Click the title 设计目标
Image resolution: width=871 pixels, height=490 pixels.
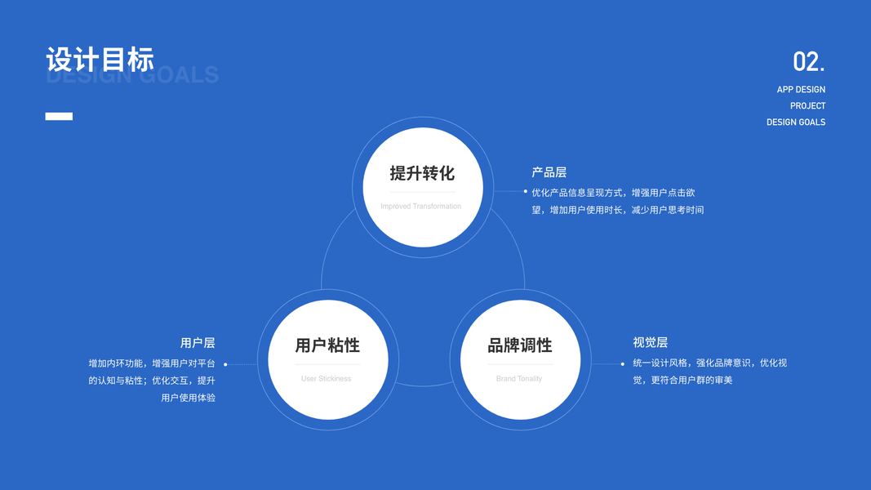[x=100, y=59]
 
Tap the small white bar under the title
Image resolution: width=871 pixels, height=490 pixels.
[x=59, y=117]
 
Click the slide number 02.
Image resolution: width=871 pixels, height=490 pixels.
[x=808, y=62]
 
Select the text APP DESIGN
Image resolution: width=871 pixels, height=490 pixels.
[x=801, y=90]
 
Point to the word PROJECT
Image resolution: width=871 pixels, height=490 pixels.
[x=807, y=106]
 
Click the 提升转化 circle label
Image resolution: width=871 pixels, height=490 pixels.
[x=422, y=173]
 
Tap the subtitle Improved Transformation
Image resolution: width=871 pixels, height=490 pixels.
[x=420, y=207]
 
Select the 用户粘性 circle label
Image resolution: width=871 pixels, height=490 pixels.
[x=327, y=345]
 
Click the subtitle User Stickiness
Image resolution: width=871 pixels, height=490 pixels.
[x=326, y=379]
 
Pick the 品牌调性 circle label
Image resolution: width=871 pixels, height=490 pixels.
[x=520, y=345]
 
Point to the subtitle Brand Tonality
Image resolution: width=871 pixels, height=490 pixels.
[x=519, y=379]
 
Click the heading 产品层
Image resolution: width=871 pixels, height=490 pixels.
[x=549, y=172]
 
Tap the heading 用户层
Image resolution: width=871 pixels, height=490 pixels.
[x=198, y=343]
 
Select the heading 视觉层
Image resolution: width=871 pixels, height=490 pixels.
[x=650, y=343]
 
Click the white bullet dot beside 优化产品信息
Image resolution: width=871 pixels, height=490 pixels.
[x=526, y=191]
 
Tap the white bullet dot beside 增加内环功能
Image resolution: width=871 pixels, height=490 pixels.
[x=225, y=364]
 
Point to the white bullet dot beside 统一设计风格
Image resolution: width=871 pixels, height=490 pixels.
[x=622, y=364]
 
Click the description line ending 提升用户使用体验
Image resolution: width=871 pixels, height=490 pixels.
[x=189, y=398]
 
